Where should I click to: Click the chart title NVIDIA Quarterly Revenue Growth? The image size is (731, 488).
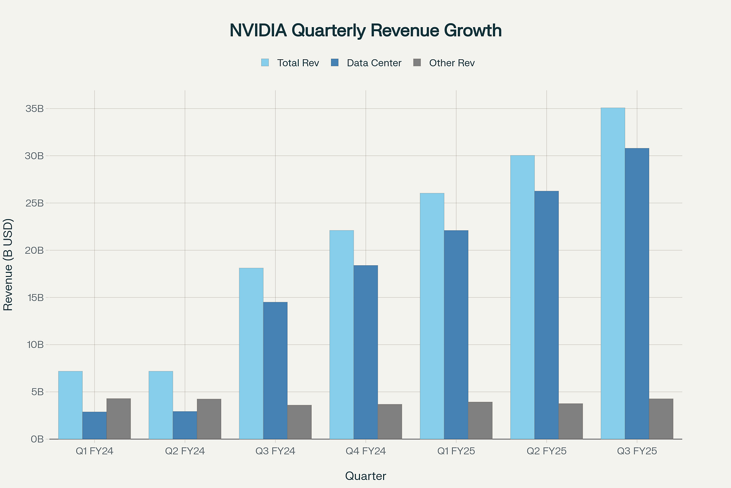click(365, 31)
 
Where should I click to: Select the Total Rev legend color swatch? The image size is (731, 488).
click(265, 63)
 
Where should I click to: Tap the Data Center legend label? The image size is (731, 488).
click(374, 63)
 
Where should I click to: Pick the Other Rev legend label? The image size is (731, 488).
click(452, 63)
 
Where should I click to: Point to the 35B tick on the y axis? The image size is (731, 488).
click(35, 109)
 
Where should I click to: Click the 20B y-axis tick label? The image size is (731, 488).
click(35, 250)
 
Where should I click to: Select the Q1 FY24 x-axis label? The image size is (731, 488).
click(94, 451)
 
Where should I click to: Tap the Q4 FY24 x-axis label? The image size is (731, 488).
click(365, 451)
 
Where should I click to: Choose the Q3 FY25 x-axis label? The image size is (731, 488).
click(637, 451)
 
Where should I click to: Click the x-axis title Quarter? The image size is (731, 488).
click(365, 476)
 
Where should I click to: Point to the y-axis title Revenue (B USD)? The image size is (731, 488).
click(8, 265)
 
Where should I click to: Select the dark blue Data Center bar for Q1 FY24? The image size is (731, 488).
click(94, 426)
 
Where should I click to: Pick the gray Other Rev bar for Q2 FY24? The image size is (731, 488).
click(209, 419)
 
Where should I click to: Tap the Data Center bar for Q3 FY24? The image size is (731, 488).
click(275, 370)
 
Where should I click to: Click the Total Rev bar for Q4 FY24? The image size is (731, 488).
click(341, 335)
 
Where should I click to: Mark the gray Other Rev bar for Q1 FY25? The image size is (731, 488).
click(480, 421)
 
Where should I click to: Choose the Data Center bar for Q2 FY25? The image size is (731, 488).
click(546, 315)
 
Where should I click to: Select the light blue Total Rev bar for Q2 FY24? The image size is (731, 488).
click(161, 405)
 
